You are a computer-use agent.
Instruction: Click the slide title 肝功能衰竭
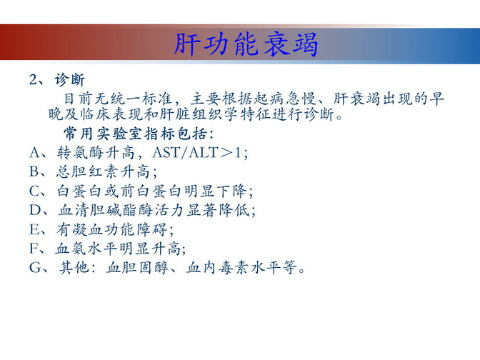(246, 45)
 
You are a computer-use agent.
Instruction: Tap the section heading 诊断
(69, 80)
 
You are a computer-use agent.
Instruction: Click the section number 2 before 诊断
(33, 79)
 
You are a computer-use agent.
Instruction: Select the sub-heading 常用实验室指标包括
(137, 134)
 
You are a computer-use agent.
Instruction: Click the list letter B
(34, 171)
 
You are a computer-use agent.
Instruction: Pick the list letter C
(34, 191)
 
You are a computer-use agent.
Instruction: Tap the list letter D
(34, 210)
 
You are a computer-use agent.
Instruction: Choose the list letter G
(34, 268)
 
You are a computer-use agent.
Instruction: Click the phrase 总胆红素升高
(103, 171)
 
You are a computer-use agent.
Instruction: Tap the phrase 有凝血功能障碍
(111, 229)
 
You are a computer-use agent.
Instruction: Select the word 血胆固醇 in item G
(137, 268)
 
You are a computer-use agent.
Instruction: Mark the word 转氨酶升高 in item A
(96, 152)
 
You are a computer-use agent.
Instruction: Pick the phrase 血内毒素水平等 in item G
(241, 268)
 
